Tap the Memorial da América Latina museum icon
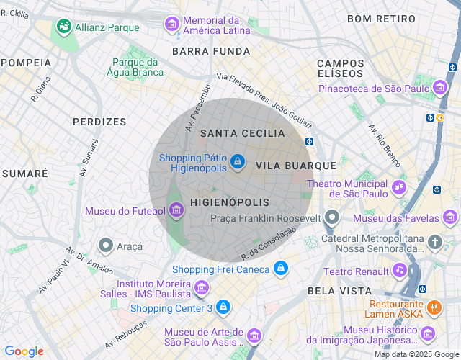tap(172, 24)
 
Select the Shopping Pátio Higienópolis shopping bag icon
tap(238, 163)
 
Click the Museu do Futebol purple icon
tap(176, 211)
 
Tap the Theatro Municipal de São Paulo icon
tap(398, 188)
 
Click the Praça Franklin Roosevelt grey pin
tap(331, 217)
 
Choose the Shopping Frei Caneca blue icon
tap(281, 269)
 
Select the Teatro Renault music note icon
tap(399, 271)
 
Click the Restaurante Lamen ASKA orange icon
tap(434, 307)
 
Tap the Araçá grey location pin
tap(106, 246)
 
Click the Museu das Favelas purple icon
tap(450, 217)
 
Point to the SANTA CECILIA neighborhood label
tap(243, 133)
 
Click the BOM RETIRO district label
tap(381, 18)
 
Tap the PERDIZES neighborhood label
tap(99, 122)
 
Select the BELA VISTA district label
tap(339, 291)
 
